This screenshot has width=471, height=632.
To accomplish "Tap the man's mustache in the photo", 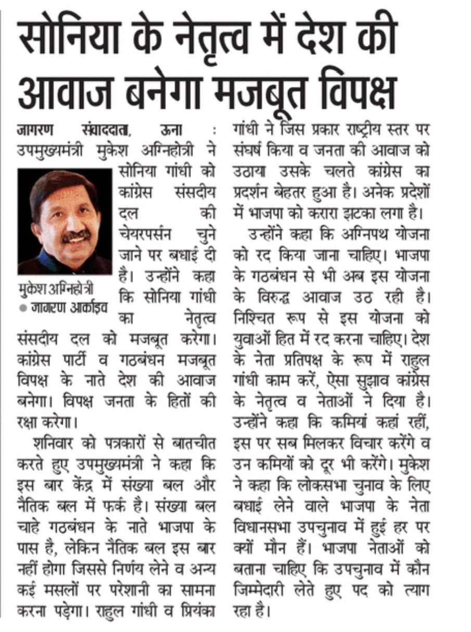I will [x=76, y=236].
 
